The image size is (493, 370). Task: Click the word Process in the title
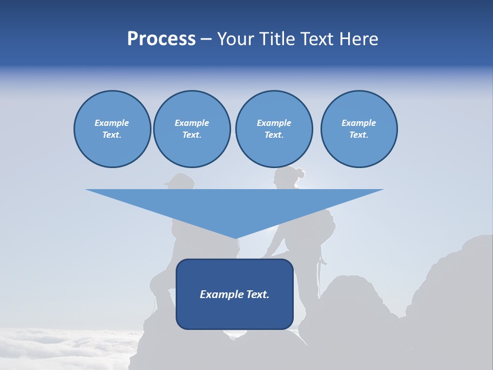[x=161, y=39]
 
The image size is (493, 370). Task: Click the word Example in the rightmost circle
[x=358, y=123]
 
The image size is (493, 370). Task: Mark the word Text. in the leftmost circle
[x=112, y=135]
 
